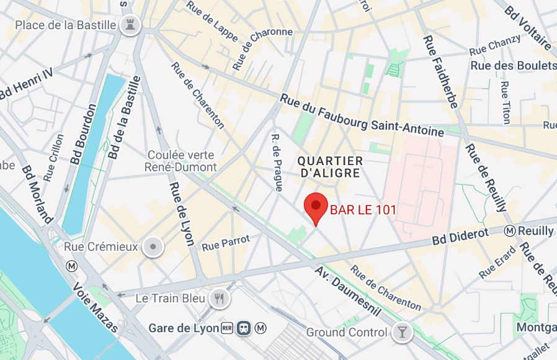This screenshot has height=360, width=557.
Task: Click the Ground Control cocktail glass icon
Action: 402,333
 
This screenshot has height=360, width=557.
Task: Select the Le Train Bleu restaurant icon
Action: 219,299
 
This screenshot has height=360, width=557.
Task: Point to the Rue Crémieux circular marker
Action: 152,247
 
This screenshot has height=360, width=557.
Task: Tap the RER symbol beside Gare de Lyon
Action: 228,328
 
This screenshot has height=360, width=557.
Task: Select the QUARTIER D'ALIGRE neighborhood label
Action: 329,167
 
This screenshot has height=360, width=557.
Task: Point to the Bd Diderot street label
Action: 460,236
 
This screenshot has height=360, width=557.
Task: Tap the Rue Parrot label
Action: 226,243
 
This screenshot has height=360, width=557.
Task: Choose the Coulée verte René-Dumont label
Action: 180,161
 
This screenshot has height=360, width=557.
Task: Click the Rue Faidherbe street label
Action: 440,71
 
